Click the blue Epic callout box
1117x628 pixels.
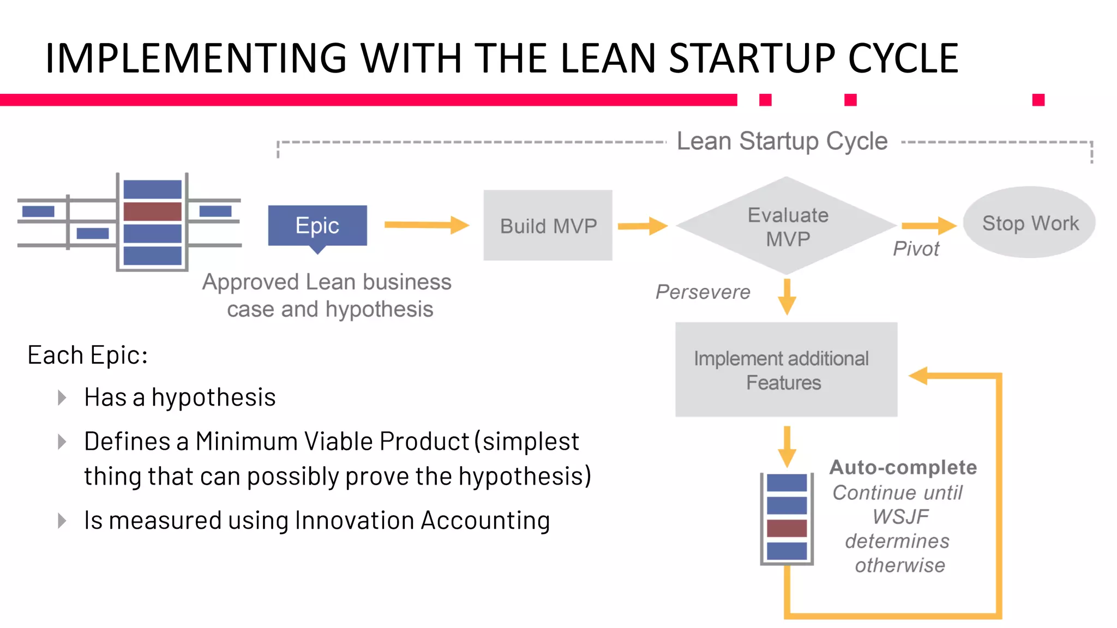[x=317, y=226]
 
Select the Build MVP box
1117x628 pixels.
[x=548, y=226]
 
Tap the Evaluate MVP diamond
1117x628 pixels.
[x=786, y=226]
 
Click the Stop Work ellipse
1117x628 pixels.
[x=1029, y=223]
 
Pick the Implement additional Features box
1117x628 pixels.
[x=785, y=370]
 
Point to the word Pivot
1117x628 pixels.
[x=916, y=249]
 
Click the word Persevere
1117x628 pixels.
[x=702, y=292]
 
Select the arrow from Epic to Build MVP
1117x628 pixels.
[x=426, y=225]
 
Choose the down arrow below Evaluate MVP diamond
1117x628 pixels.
[x=786, y=297]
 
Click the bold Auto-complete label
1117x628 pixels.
[x=903, y=467]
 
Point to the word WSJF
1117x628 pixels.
[x=900, y=516]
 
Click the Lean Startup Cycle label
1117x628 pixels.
[x=782, y=141]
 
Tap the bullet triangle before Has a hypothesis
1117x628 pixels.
[x=62, y=397]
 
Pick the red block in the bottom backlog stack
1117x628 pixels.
[x=786, y=528]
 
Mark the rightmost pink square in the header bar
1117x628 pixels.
[x=1038, y=100]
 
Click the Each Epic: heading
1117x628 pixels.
[x=87, y=355]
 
